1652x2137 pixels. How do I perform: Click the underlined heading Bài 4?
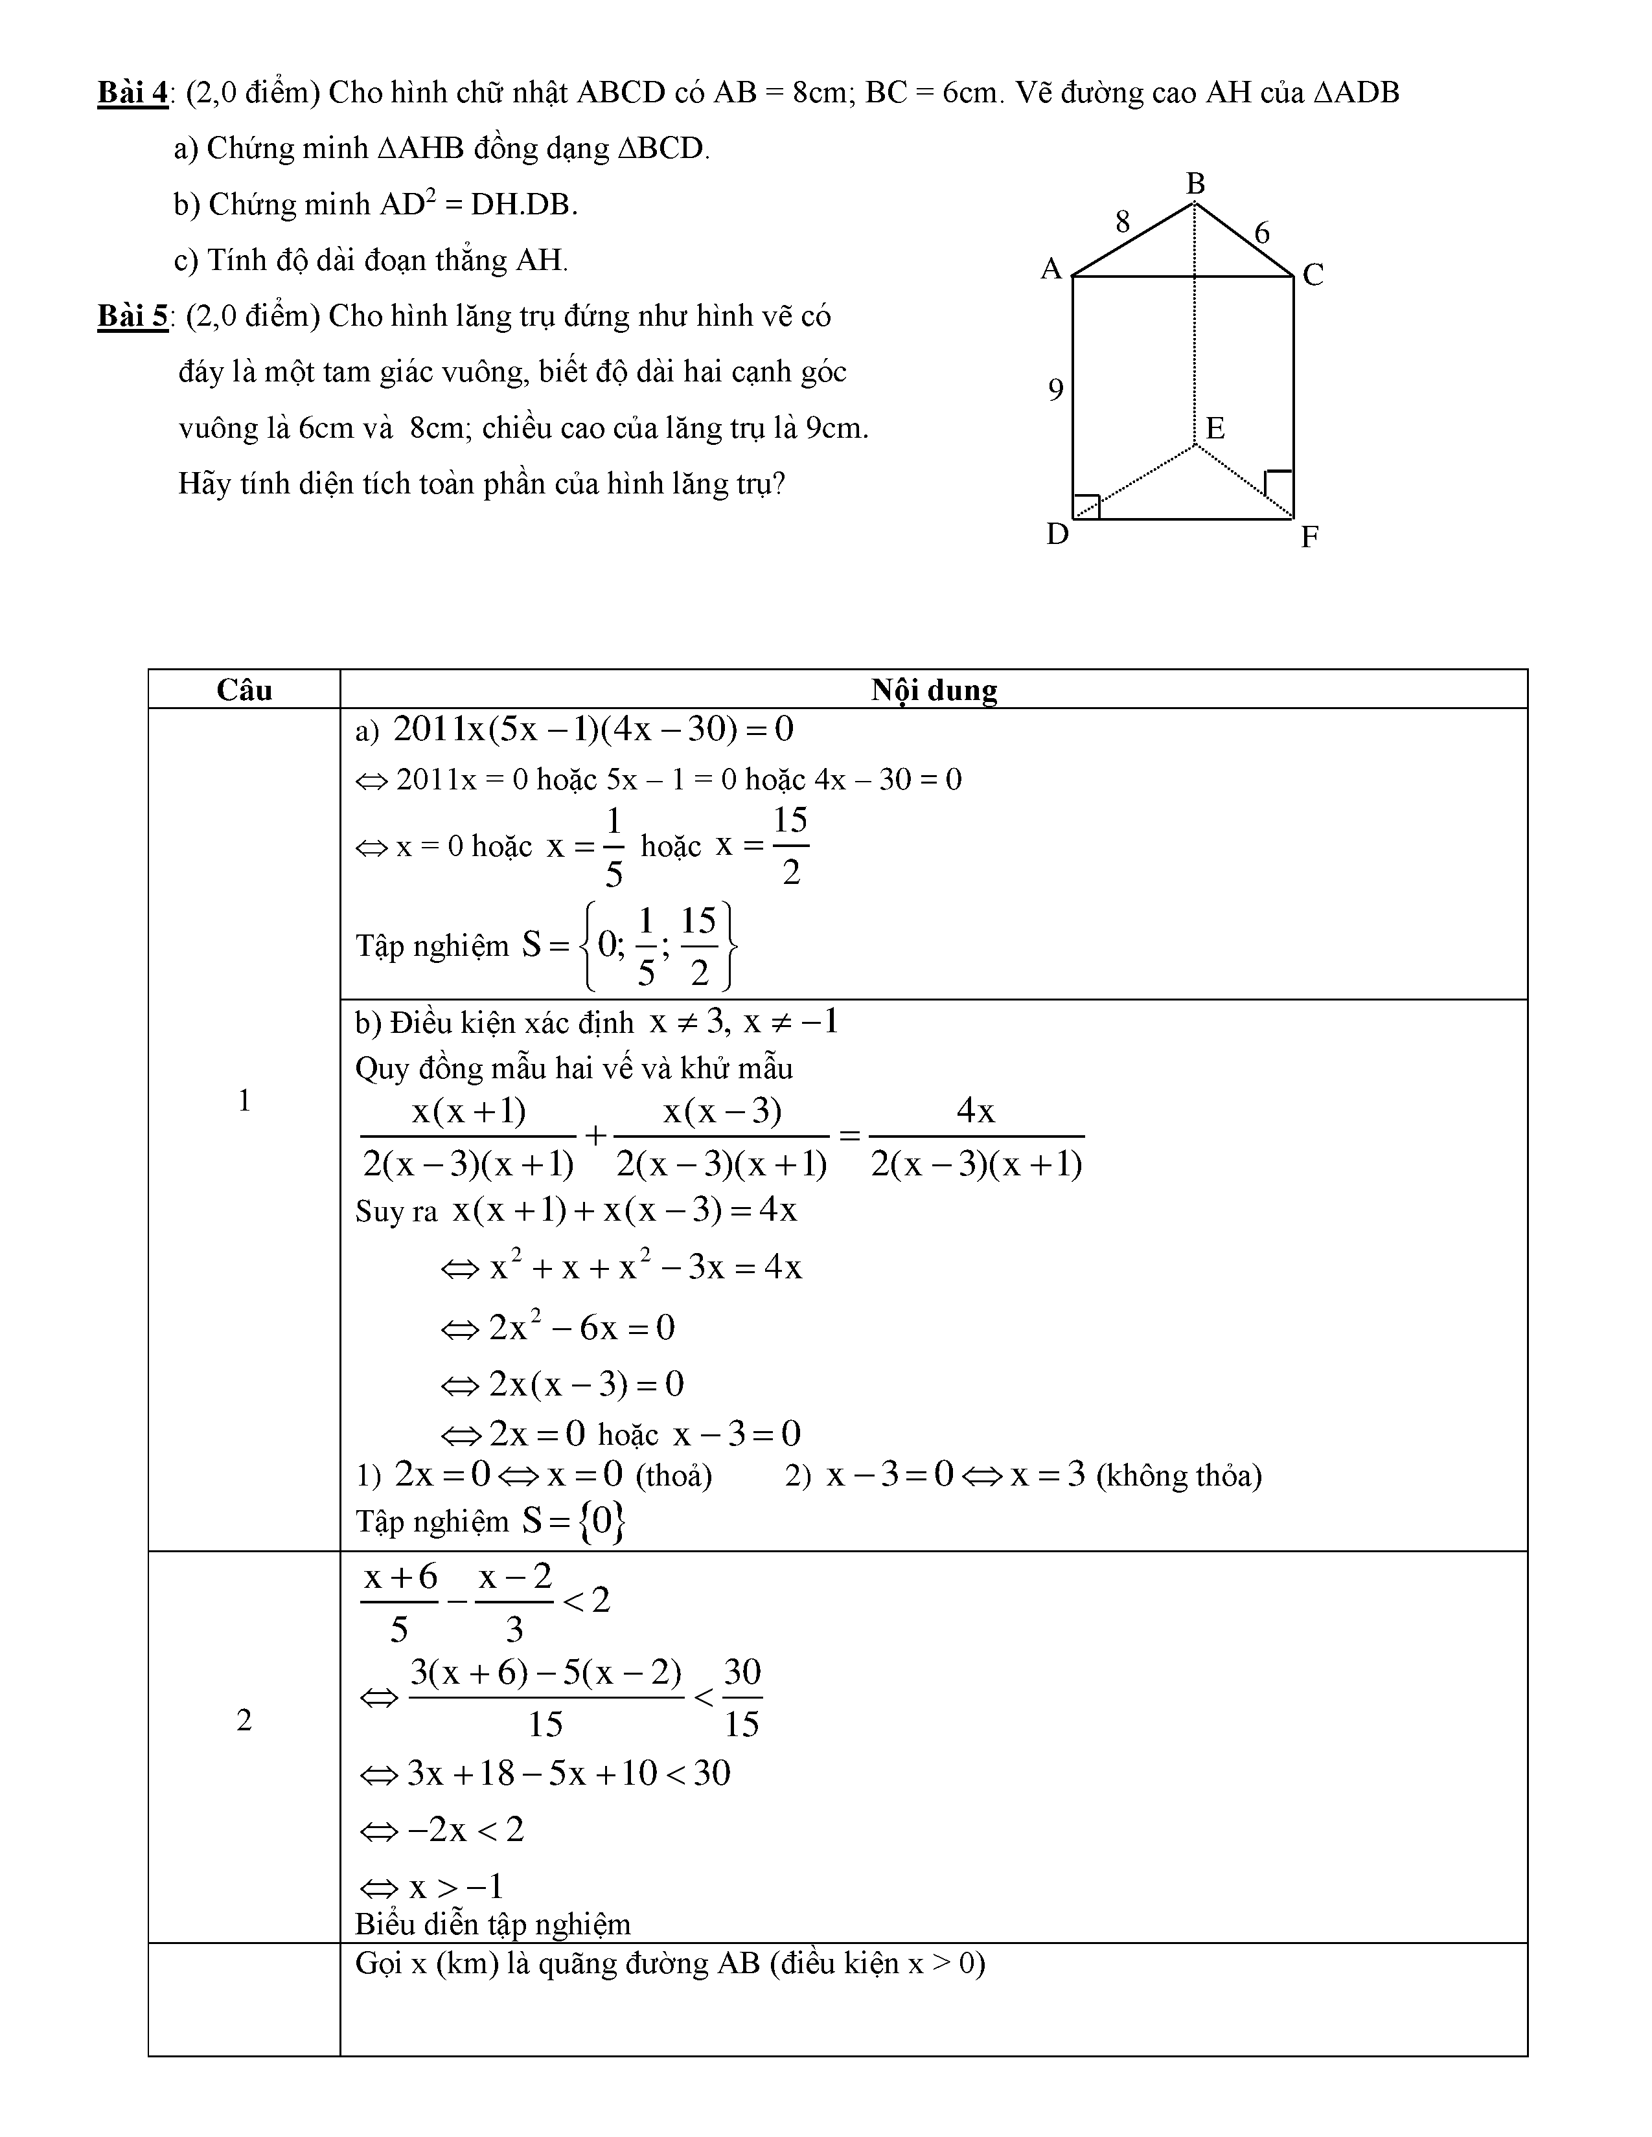[x=132, y=93]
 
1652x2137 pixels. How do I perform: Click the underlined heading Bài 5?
[x=132, y=316]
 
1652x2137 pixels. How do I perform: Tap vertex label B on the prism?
[x=1195, y=183]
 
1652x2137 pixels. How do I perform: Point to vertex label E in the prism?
[x=1215, y=427]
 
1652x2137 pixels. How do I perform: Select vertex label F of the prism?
[x=1309, y=536]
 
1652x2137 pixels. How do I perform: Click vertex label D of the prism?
[x=1057, y=534]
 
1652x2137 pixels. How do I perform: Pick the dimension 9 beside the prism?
[x=1055, y=389]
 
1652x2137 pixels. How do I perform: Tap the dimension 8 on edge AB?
[x=1123, y=222]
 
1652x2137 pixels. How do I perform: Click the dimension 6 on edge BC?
[x=1261, y=233]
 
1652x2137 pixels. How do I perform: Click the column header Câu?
[x=244, y=690]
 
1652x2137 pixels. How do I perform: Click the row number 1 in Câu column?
[x=244, y=1101]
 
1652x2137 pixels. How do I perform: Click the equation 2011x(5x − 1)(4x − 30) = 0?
[x=592, y=729]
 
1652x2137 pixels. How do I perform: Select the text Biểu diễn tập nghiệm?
[x=492, y=1925]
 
